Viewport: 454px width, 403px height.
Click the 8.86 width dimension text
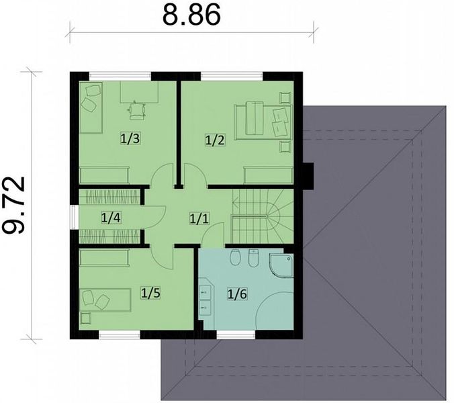coord(191,15)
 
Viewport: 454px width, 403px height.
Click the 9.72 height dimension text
coord(13,205)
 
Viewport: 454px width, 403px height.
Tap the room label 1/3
coord(130,138)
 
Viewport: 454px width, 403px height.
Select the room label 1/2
coord(214,140)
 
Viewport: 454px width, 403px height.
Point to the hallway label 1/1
coord(199,218)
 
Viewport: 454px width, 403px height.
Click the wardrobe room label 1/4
coord(111,218)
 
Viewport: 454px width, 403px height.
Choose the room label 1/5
coord(150,293)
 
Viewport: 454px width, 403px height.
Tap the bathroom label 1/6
coord(237,294)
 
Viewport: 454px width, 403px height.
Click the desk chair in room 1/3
coord(136,111)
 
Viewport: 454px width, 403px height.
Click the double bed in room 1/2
coord(263,122)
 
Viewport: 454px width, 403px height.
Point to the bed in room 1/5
coord(105,300)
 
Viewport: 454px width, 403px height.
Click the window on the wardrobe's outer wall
coord(75,217)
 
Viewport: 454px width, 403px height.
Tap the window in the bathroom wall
coord(236,335)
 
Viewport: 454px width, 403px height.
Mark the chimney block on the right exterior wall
coord(308,176)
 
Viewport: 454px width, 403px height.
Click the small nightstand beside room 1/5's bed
coord(86,318)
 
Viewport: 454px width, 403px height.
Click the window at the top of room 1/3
coord(120,76)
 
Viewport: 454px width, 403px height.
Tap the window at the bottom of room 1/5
coord(120,335)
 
